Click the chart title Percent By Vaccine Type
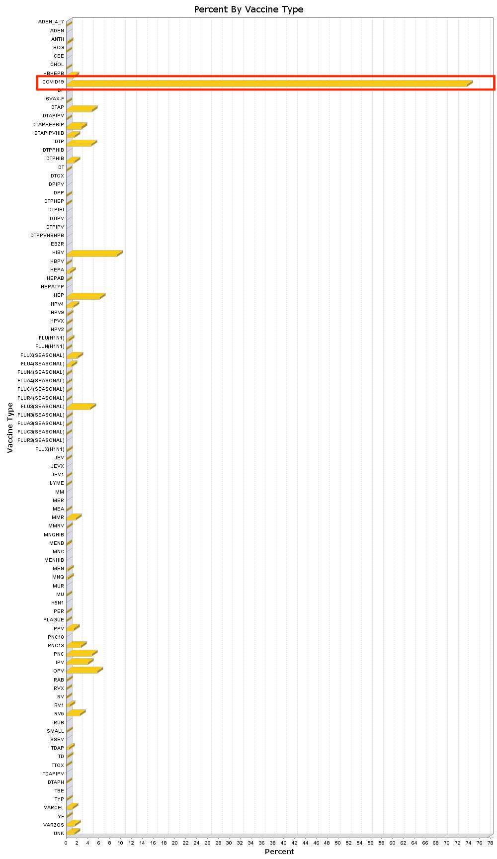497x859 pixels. point(248,9)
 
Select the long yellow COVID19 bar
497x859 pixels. point(268,83)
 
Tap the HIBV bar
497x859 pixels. point(93,254)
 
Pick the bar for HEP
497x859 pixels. point(84,296)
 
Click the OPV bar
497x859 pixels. point(83,671)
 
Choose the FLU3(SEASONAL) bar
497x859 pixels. point(80,407)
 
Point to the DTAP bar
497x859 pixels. point(81,108)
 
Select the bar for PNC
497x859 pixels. point(81,653)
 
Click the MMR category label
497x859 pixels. point(58,517)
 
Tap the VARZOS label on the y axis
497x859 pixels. point(54,825)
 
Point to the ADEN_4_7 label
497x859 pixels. point(51,22)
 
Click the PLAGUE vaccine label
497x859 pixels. point(54,620)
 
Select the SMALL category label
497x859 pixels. point(56,731)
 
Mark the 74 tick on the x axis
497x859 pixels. point(468,843)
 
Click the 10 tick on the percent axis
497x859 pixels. point(120,843)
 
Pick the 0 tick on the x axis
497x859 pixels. point(66,843)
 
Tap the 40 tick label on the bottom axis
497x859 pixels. point(283,843)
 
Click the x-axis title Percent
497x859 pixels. point(279,852)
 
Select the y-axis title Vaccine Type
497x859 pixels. point(10,428)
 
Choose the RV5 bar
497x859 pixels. point(75,713)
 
